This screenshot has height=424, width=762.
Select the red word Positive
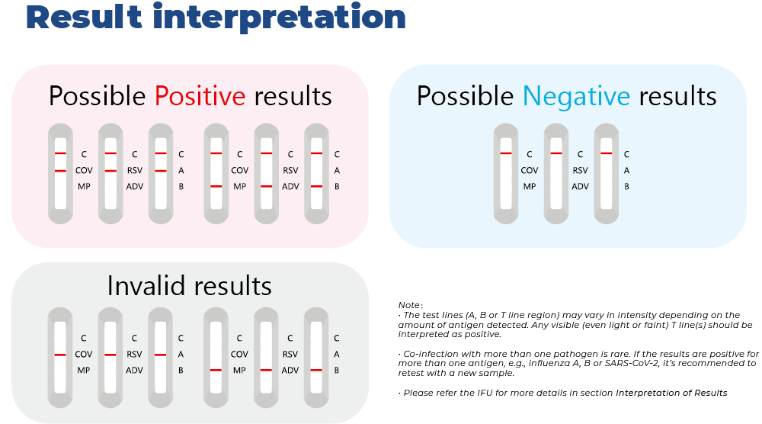[x=200, y=96]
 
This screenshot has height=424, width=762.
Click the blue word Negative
[x=576, y=96]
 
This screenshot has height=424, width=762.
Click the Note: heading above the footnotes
[x=411, y=305]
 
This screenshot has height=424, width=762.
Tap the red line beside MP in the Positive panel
[x=216, y=187]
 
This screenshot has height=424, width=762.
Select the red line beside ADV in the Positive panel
[x=266, y=187]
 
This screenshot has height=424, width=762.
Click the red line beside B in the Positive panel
[x=315, y=187]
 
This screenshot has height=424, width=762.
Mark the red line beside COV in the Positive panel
[x=60, y=171]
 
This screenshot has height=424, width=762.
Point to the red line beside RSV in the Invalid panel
[x=110, y=355]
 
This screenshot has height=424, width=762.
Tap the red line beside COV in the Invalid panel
[x=60, y=355]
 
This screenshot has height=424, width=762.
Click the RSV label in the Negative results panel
[x=581, y=171]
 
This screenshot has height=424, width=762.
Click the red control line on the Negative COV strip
[x=506, y=154]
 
